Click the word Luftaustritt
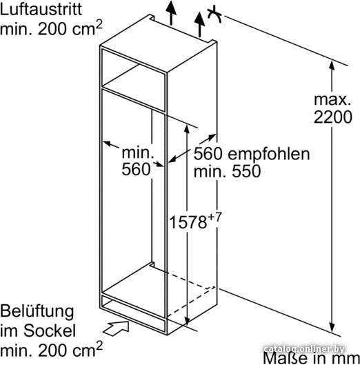pos(41,9)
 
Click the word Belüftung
pos(37,313)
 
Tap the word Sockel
pos(50,331)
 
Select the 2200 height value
pos(333,117)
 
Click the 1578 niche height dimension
pos(188,222)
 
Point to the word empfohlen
pos(269,155)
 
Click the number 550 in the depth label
pos(246,171)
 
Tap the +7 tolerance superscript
pos(214,217)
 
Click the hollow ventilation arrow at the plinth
pos(116,328)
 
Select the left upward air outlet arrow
pos(171,12)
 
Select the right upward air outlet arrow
pos(200,25)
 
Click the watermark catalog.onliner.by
pos(305,349)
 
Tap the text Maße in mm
pos(312,358)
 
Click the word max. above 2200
pos(332,99)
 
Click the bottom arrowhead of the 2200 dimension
pos(332,328)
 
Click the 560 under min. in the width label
pos(136,169)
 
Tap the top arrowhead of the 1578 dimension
pos(187,130)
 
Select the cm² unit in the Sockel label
pos(88,348)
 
